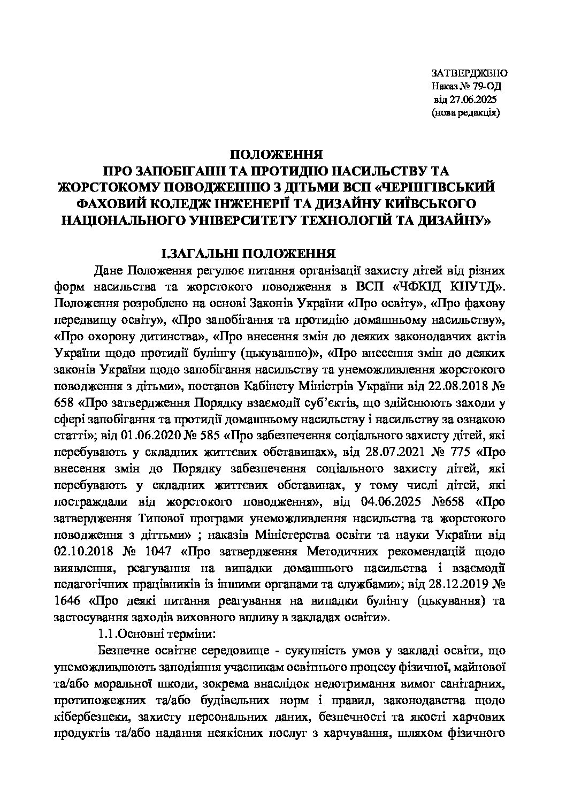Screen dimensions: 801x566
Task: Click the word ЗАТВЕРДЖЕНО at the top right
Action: [469, 73]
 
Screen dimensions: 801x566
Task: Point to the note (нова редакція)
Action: [465, 113]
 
